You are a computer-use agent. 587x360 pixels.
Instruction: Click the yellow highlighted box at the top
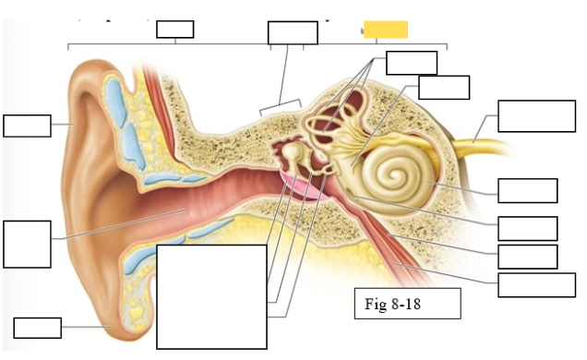[385, 30]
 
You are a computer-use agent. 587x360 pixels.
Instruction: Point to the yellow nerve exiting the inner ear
[480, 134]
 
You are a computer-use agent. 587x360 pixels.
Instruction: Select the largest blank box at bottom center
[211, 295]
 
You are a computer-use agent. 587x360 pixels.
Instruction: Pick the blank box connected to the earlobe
[38, 328]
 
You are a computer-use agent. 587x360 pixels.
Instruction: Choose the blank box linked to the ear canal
[27, 244]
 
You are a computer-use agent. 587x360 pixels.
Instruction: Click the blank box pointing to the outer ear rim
[27, 126]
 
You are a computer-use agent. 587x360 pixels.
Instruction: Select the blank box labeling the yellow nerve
[536, 116]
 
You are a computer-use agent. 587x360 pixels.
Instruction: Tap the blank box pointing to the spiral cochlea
[527, 190]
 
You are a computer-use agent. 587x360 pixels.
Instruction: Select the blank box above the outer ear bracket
[174, 29]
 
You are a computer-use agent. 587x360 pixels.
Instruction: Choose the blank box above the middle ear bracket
[292, 32]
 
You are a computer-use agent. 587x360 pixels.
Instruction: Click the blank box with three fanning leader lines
[411, 62]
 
